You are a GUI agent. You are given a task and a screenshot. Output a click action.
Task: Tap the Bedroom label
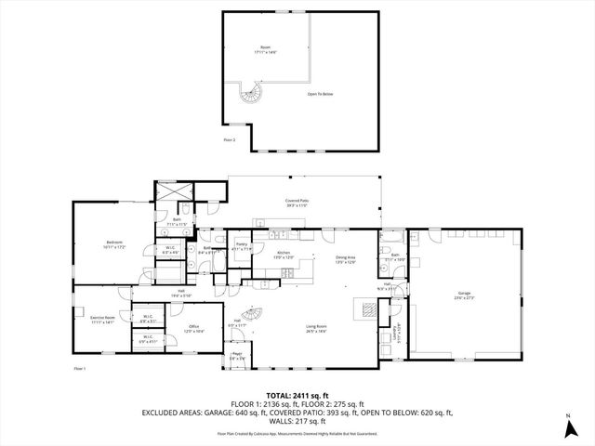tap(115, 243)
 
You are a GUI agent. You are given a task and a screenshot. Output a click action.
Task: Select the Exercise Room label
tap(102, 319)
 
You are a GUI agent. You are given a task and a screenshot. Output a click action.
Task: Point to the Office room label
tap(194, 328)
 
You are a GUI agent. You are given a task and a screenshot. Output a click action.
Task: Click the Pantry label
tap(242, 245)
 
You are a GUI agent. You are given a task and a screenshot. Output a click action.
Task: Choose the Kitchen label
tap(284, 256)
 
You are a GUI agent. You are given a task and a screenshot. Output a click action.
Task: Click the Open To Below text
tap(320, 93)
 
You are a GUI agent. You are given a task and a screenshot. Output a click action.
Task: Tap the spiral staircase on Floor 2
tap(251, 92)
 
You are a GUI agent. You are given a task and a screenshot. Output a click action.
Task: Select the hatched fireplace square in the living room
tap(367, 312)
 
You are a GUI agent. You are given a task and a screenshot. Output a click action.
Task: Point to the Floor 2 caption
tap(230, 139)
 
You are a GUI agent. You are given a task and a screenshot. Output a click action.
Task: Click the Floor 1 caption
tap(80, 369)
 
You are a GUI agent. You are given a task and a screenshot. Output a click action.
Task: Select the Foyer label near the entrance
tap(236, 354)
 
